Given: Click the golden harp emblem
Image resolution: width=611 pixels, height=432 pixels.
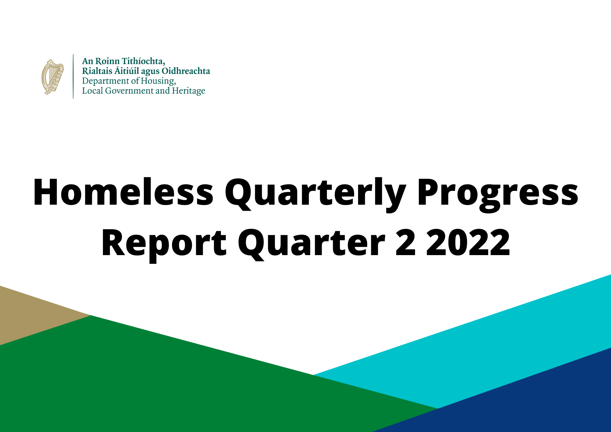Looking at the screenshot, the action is point(53,77).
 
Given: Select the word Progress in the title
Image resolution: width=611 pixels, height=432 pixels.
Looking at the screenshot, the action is point(498,194).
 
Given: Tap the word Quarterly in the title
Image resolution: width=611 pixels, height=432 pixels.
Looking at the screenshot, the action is point(316,194).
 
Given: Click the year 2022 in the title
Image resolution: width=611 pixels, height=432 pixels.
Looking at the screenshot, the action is point(468,242).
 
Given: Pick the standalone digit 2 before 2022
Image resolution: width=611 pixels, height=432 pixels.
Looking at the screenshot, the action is point(406,242).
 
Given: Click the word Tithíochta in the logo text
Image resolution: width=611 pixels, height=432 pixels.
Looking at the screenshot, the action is point(144,61).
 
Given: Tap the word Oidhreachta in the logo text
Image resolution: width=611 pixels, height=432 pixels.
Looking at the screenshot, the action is point(186,71).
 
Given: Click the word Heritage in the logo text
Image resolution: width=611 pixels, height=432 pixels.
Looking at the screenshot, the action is point(188,91).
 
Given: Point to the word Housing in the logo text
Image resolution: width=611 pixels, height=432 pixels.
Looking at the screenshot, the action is point(158,81).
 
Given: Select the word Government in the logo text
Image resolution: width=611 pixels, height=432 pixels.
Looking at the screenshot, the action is point(129,91).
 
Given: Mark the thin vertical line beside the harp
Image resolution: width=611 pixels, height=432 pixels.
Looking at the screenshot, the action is point(73,76).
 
